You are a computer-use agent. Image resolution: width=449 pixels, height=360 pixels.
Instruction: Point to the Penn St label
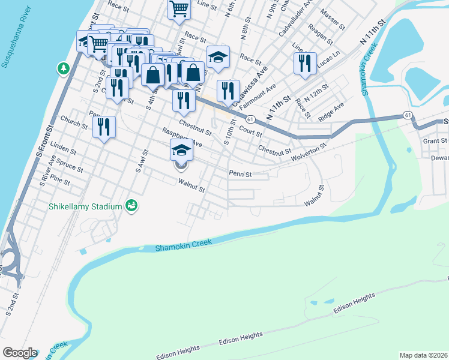pos(240,175)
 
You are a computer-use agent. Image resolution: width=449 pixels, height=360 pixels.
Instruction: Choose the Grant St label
pos(431,140)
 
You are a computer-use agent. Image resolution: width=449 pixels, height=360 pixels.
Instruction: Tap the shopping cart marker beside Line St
pos(179,10)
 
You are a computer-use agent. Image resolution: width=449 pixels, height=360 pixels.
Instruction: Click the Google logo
pos(20,353)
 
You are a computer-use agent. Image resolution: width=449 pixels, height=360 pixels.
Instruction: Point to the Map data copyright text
pos(424,355)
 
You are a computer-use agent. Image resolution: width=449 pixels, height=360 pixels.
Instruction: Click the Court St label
pos(250,131)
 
